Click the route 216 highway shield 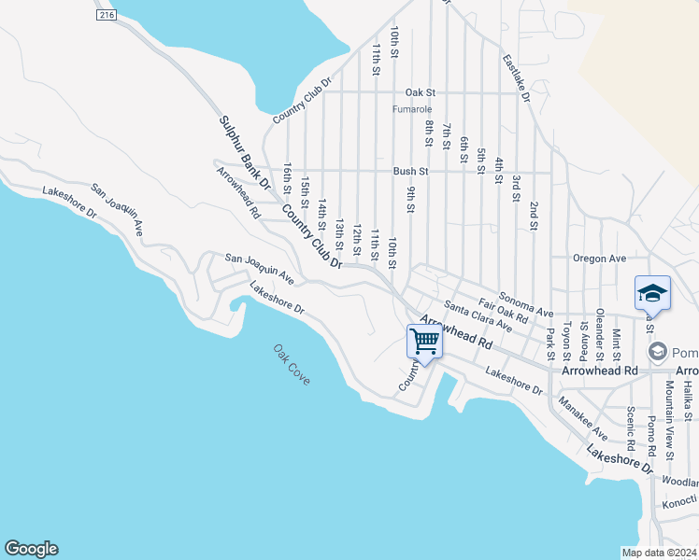coord(106,16)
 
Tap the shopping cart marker coord(424,342)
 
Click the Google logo coord(31,549)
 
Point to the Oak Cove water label coord(292,365)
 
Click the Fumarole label coord(412,109)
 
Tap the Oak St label coord(421,93)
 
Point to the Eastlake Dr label coord(516,77)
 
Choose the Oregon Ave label coord(599,259)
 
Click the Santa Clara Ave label coord(478,317)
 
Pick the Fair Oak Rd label coord(504,311)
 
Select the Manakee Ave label coord(581,419)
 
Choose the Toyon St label coord(566,343)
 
